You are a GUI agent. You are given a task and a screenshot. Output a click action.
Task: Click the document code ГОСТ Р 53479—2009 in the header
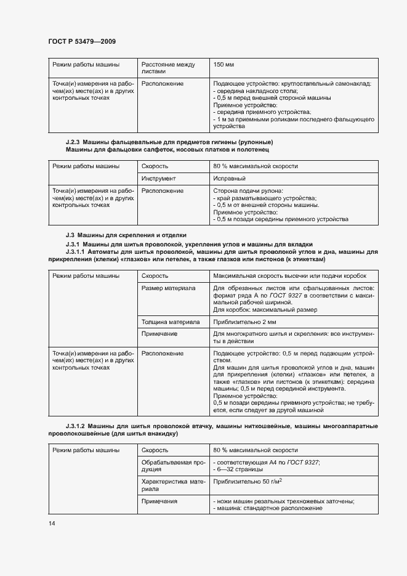click(82, 41)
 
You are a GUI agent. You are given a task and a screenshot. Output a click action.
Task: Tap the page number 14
click(52, 523)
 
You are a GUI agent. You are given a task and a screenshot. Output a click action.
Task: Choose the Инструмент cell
click(159, 179)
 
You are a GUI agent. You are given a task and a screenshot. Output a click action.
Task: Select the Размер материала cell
click(168, 288)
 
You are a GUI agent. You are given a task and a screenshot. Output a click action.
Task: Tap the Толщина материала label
click(171, 322)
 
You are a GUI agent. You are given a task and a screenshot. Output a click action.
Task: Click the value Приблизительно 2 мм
click(244, 322)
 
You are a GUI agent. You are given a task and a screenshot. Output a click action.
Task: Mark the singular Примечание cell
click(159, 333)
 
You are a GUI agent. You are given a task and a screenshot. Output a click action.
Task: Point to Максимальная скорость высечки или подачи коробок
click(289, 276)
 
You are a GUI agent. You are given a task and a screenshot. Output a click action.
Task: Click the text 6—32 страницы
click(239, 469)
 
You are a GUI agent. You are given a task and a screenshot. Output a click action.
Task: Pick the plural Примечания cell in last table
click(159, 501)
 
